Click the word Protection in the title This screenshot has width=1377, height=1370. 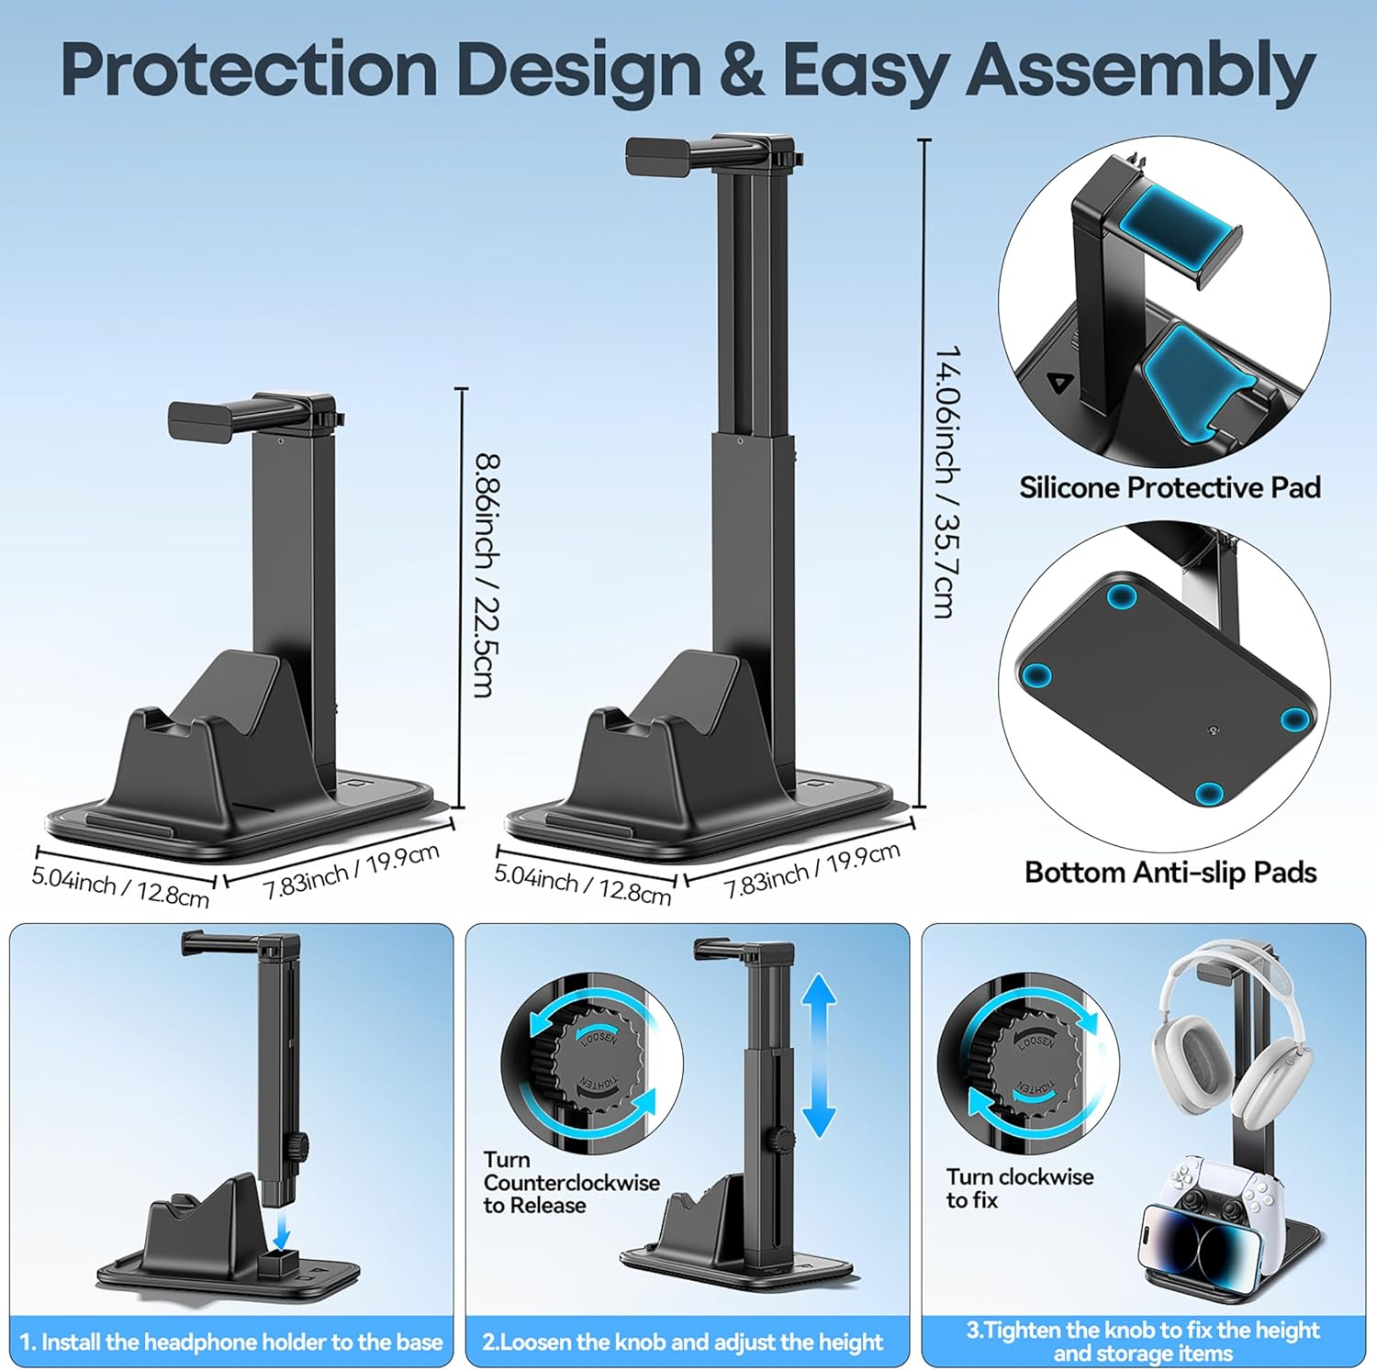tap(249, 71)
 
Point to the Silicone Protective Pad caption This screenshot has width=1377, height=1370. tap(1170, 487)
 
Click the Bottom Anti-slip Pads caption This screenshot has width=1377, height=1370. tap(1170, 872)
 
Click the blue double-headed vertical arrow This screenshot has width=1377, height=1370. tap(819, 1056)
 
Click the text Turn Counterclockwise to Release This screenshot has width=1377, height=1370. tap(571, 1183)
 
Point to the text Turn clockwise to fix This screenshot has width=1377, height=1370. tap(1019, 1188)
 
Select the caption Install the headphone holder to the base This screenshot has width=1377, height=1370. tap(231, 1342)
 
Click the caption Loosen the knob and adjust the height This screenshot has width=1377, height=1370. tap(682, 1342)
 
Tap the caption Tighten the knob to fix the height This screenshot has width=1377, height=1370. tap(1143, 1330)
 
